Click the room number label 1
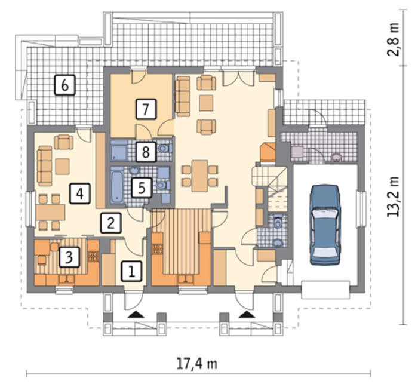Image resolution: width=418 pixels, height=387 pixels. (x=131, y=271)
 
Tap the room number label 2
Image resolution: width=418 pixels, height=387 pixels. (x=111, y=223)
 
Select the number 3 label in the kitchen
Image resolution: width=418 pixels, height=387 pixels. (x=69, y=257)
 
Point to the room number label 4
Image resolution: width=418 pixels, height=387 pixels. (x=79, y=193)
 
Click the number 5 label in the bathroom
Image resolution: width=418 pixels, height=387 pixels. (x=142, y=188)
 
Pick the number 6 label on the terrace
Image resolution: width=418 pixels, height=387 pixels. (x=65, y=85)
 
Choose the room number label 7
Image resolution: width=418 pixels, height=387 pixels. (x=146, y=109)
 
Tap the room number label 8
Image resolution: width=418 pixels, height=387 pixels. (x=146, y=152)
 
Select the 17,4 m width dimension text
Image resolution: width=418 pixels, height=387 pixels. (x=197, y=364)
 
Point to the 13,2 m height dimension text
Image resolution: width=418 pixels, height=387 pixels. (x=394, y=196)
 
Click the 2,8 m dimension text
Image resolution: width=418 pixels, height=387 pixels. (x=394, y=39)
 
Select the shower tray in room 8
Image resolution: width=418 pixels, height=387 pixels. (x=119, y=151)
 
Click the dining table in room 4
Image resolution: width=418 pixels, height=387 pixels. (x=50, y=212)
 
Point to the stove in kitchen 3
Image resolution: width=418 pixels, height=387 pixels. (x=93, y=256)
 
